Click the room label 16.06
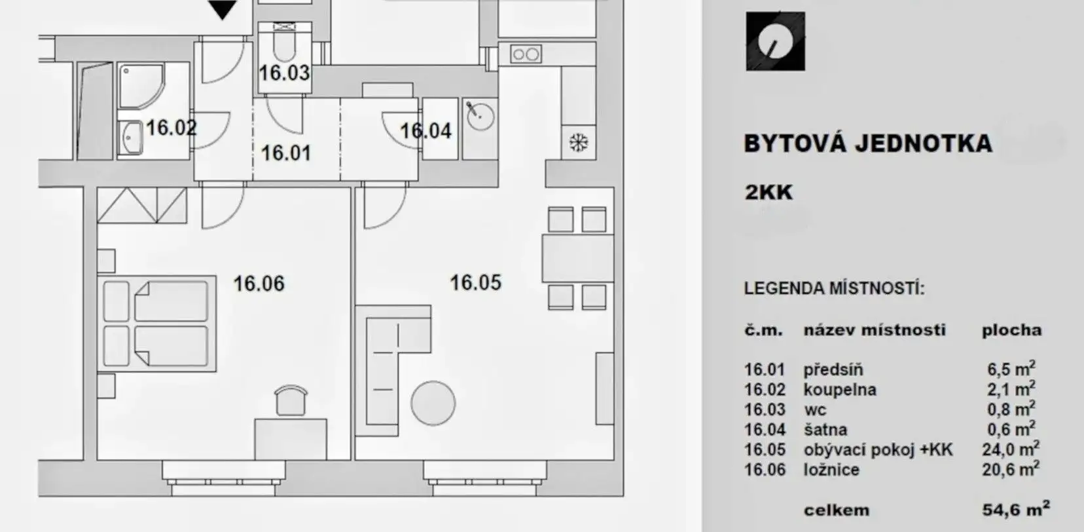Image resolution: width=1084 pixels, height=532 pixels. (259, 284)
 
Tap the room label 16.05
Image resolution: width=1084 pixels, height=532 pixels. (476, 282)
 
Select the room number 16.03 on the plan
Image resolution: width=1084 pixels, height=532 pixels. (284, 73)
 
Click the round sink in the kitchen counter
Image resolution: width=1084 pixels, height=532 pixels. (480, 116)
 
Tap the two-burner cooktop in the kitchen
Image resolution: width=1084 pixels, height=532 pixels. (526, 54)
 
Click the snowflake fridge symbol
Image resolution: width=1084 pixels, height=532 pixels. (578, 142)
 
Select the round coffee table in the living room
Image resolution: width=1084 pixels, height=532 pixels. (433, 403)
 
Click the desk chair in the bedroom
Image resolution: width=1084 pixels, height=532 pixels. (291, 400)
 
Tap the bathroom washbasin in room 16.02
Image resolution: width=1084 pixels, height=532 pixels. (130, 138)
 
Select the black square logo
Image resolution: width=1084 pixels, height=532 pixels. (775, 41)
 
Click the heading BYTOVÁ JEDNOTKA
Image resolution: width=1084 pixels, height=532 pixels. (868, 144)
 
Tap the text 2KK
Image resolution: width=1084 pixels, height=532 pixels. (768, 193)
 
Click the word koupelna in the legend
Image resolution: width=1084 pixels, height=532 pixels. (840, 390)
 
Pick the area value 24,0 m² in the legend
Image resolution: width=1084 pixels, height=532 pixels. (1011, 449)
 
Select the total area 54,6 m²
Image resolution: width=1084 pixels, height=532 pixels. (1016, 509)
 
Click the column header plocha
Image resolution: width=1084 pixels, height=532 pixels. (1011, 330)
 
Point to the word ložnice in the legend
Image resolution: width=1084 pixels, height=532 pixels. (831, 470)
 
